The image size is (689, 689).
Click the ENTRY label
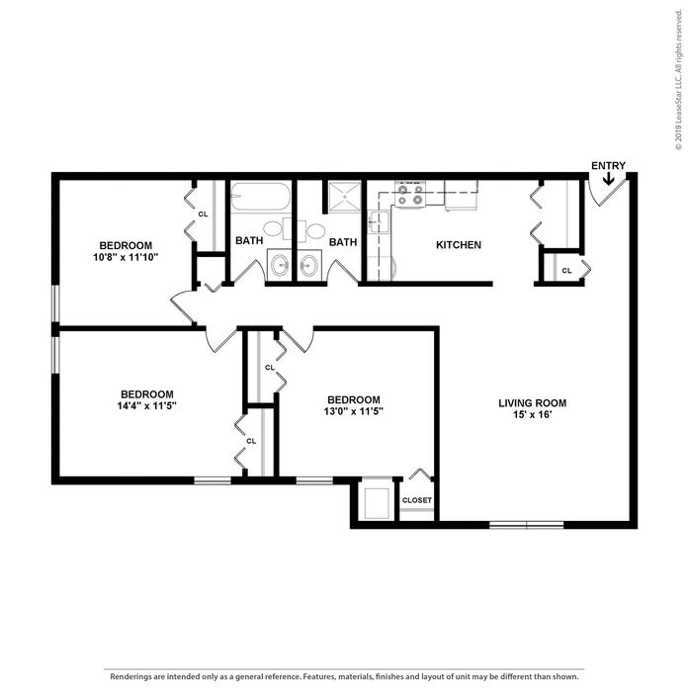click(x=608, y=166)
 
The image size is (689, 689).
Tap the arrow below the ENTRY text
click(x=609, y=178)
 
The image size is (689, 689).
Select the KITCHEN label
click(x=459, y=245)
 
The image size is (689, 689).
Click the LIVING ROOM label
click(x=532, y=403)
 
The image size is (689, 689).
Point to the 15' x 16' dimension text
click(x=532, y=414)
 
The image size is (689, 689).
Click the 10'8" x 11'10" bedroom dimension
click(x=126, y=257)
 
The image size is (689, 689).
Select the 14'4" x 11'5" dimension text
click(x=146, y=405)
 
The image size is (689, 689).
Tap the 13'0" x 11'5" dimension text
click(x=354, y=411)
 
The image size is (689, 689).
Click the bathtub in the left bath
click(x=260, y=197)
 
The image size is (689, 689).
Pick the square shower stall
click(x=345, y=197)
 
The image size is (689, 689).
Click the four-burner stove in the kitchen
click(x=410, y=194)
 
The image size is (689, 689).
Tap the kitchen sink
click(x=378, y=221)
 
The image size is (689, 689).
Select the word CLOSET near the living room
click(x=416, y=500)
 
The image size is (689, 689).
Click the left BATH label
click(x=249, y=241)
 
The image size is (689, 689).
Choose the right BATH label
click(x=343, y=242)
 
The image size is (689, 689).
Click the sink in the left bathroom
click(x=280, y=265)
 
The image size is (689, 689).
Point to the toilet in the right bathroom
click(x=312, y=230)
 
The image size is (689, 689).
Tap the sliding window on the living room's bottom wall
click(x=527, y=525)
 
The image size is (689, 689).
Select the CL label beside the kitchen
click(x=566, y=271)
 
